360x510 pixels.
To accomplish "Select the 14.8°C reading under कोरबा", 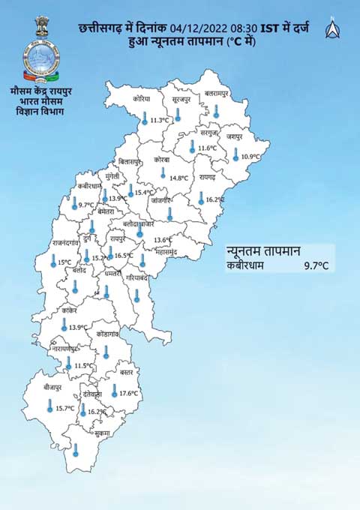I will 178,178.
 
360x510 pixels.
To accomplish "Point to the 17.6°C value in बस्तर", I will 130,393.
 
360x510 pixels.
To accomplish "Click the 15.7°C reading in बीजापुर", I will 64,409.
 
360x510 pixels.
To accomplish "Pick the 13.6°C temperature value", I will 163,241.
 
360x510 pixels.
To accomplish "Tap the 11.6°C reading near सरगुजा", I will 208,148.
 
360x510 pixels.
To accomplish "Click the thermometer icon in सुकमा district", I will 76,450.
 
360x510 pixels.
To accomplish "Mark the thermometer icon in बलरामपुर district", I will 216,110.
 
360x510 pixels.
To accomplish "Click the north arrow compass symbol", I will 331,30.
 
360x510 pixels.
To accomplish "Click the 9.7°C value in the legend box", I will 316,265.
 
